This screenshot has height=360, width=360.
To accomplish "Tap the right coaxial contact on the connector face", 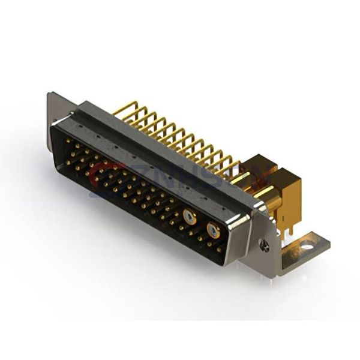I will click(213, 230).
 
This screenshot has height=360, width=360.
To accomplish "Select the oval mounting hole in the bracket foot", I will click(306, 245).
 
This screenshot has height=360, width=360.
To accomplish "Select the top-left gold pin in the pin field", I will click(68, 141).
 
